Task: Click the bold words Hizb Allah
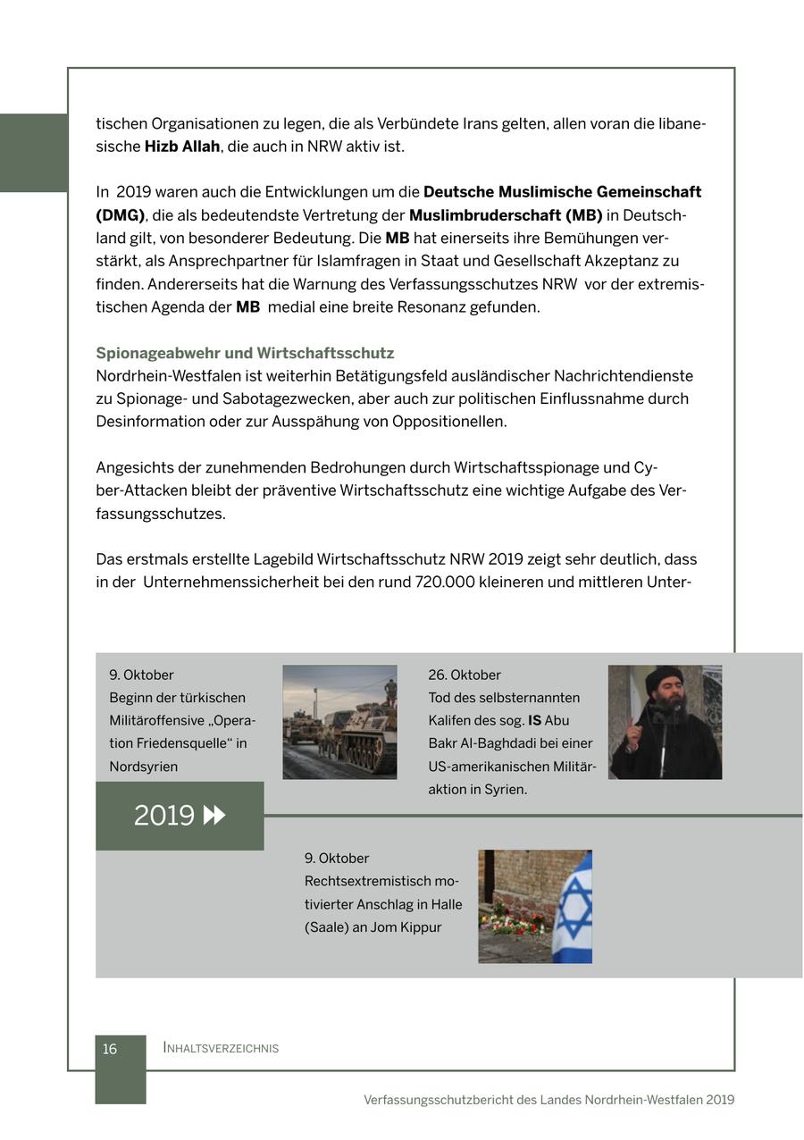pos(182,147)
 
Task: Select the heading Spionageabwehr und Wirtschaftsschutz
pos(245,353)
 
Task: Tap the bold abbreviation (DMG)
pos(120,215)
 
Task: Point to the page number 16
pos(110,1049)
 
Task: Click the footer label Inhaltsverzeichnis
pos(221,1048)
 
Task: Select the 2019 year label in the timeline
pos(164,816)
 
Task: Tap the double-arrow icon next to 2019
pos(214,816)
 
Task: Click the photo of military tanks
pos(339,722)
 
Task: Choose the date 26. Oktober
pos(465,675)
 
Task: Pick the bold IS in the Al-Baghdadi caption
pos(534,721)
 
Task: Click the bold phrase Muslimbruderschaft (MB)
pos(506,215)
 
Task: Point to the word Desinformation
pos(150,422)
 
